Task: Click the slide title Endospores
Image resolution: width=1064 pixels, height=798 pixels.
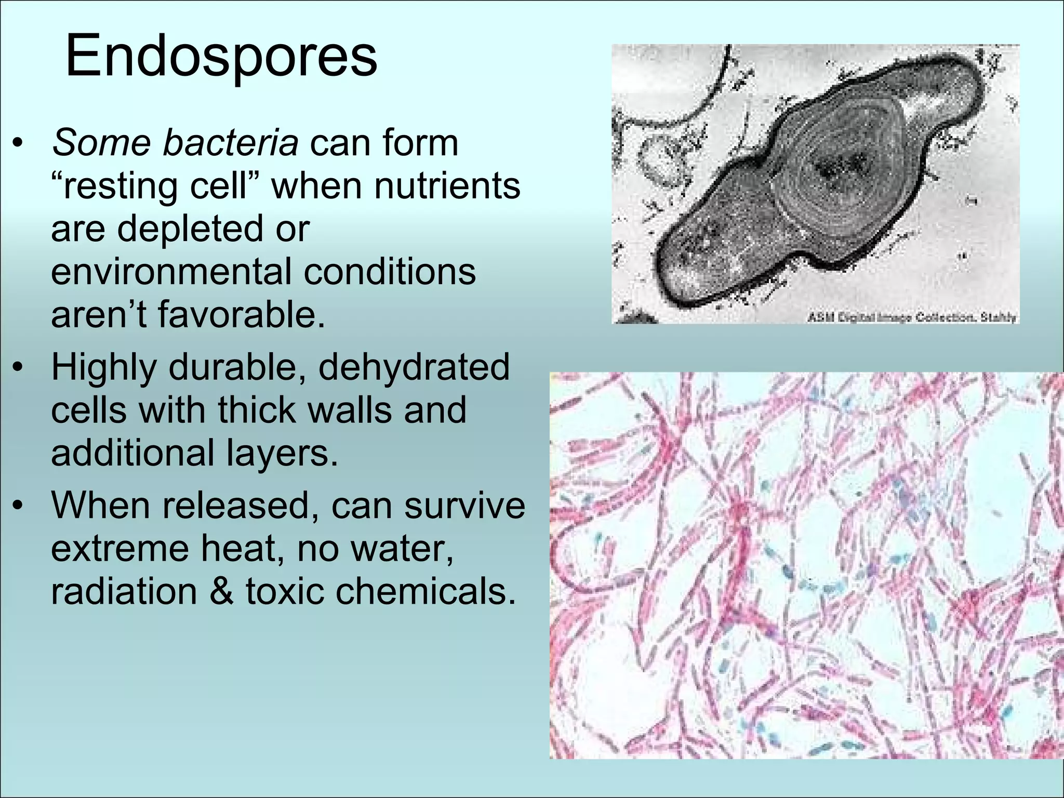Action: (221, 56)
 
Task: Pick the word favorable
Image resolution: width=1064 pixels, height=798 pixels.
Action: (242, 315)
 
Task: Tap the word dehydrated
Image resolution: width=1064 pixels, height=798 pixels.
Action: (414, 367)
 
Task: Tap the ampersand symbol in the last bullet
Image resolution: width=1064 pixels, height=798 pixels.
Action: (222, 591)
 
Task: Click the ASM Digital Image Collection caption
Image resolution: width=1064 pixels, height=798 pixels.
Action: (911, 317)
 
